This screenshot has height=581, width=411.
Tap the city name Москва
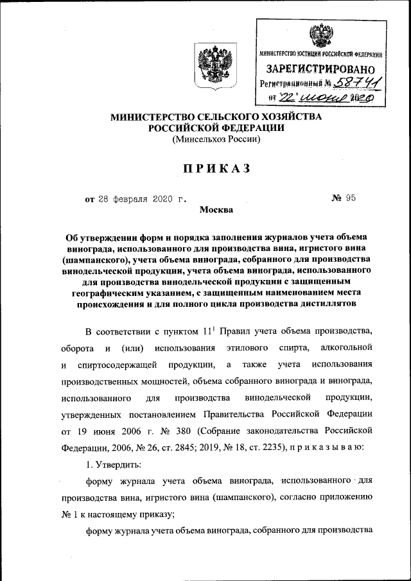217,209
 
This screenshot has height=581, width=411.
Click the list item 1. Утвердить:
114,464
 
